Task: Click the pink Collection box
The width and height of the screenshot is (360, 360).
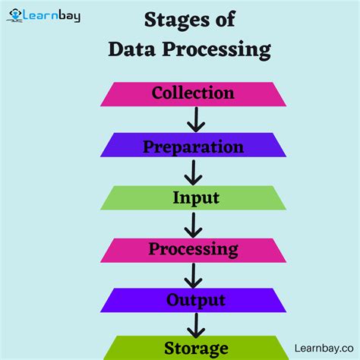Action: point(193,93)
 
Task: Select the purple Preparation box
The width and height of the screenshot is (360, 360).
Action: point(193,146)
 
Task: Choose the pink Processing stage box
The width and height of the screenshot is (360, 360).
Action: point(193,250)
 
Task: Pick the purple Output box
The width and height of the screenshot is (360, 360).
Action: point(193,301)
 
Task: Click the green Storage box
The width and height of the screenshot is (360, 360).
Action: point(193,349)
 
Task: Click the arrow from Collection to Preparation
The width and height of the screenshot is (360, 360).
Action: point(196,120)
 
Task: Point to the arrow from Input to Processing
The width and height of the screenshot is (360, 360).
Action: point(195,224)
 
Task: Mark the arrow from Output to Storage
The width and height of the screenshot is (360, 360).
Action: point(196,325)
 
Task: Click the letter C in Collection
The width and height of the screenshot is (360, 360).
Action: point(158,93)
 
